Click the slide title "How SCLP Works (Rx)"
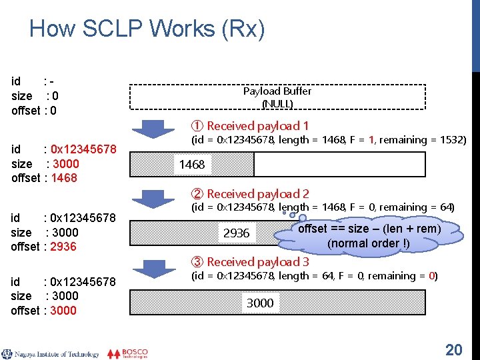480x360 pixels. click(x=147, y=29)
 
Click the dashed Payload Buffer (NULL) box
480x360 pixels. click(x=277, y=97)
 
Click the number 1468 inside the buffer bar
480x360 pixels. click(x=192, y=164)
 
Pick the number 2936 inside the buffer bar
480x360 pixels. click(x=236, y=233)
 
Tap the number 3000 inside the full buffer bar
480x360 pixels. click(x=260, y=303)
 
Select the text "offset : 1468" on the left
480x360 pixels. click(x=44, y=178)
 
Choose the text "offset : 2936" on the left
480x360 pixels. click(x=44, y=247)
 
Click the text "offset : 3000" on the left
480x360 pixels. click(x=44, y=310)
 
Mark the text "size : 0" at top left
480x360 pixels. click(x=35, y=96)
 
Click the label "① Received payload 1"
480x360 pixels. click(x=250, y=125)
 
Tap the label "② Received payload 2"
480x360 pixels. click(x=250, y=194)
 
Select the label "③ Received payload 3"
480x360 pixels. click(x=250, y=262)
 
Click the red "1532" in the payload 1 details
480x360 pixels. click(x=451, y=140)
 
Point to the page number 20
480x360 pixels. click(x=453, y=349)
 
